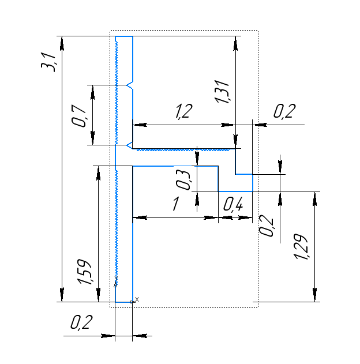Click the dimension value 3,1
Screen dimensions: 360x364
coord(48,62)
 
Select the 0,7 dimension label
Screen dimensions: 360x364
coord(79,116)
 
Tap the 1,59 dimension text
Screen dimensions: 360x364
coord(85,272)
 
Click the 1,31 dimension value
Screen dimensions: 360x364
coord(222,92)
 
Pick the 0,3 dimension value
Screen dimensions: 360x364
coord(183,180)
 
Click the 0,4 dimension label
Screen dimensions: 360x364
coord(233,204)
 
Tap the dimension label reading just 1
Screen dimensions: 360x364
coord(176,204)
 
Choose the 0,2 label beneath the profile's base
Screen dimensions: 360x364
coord(81,322)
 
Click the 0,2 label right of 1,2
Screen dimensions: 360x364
coord(284,111)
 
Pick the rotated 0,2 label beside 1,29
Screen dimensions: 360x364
coord(267,226)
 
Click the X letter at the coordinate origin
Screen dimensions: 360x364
coord(137,299)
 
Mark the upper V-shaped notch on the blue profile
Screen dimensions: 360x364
coord(130,85)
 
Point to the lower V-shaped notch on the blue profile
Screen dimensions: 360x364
coord(129,145)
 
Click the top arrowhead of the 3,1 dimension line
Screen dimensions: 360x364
coord(62,43)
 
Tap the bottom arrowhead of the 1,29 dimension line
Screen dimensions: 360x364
coord(315,295)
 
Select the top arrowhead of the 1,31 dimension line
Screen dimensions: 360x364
coord(235,43)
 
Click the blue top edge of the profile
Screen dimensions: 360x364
coord(124,36)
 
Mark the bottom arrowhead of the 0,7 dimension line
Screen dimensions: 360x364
coord(93,138)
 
